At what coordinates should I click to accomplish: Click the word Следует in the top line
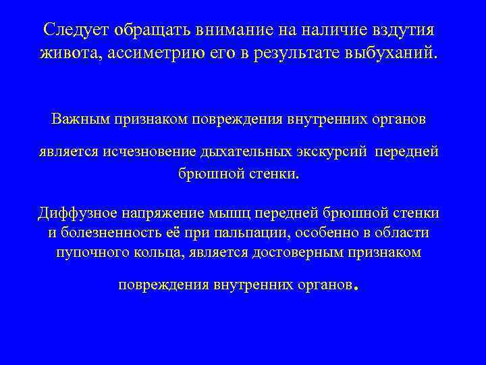pyautogui.click(x=75, y=30)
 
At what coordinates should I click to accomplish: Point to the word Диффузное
pyautogui.click(x=76, y=214)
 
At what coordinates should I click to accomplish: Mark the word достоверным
pyautogui.click(x=299, y=252)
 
